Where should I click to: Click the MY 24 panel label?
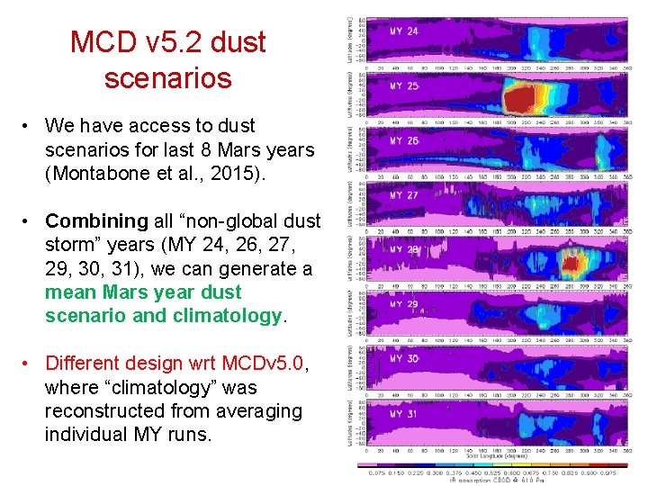point(404,31)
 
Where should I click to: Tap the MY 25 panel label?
point(404,86)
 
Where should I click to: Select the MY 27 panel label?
point(404,195)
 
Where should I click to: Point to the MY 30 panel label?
point(404,359)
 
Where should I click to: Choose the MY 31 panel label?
point(404,414)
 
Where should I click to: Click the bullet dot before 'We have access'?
point(31,126)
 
